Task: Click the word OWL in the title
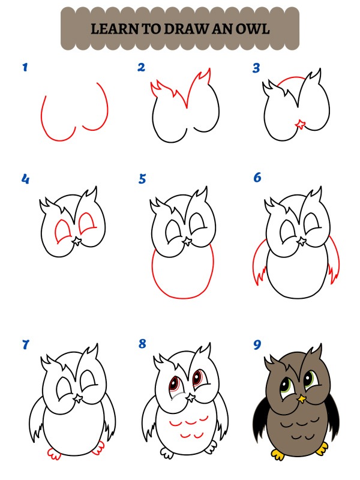(x=253, y=28)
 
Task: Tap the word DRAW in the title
(x=190, y=28)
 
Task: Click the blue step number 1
(x=25, y=67)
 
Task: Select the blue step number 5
(x=142, y=178)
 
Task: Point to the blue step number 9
(x=257, y=344)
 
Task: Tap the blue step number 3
(x=256, y=68)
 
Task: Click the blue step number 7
(x=25, y=344)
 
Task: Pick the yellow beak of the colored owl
(x=302, y=397)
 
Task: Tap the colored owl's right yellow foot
(x=321, y=448)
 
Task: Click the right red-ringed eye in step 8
(x=197, y=379)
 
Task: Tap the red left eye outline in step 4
(x=62, y=230)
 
